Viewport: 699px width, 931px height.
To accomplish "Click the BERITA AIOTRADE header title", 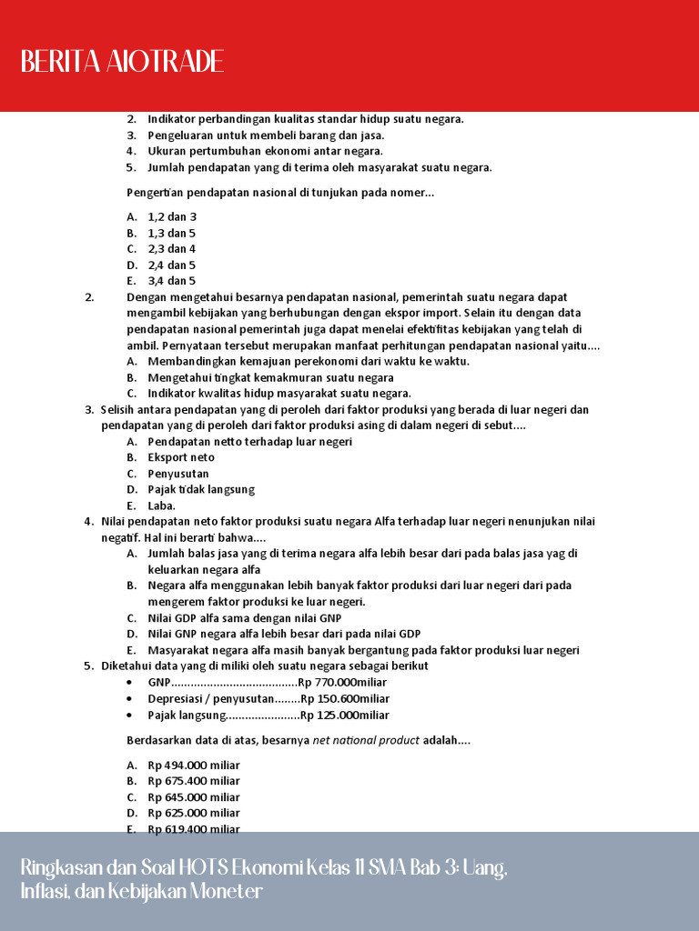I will [x=122, y=62].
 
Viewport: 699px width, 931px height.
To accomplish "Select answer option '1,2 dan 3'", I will [x=172, y=216].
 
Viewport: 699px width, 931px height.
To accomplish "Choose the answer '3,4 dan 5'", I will [x=172, y=281].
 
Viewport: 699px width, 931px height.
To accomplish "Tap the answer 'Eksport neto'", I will [x=181, y=457].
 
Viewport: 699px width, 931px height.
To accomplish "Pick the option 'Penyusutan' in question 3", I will [x=178, y=474].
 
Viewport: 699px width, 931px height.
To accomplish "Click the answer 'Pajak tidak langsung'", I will [x=201, y=489].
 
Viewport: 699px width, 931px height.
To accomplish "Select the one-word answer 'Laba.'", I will [x=162, y=506].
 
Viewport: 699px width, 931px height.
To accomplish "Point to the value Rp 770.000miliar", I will [x=342, y=682].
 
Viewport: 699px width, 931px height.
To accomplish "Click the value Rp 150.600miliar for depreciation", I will [x=345, y=698].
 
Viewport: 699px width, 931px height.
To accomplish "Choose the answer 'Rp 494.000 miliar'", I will [x=194, y=765].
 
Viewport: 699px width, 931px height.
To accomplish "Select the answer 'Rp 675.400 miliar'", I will [x=194, y=781].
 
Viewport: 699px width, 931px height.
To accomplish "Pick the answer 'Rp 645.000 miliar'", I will [x=194, y=797].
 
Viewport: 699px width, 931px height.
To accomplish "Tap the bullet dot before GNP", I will [x=132, y=683].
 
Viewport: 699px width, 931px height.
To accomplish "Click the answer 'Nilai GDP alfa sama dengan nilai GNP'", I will [x=245, y=618].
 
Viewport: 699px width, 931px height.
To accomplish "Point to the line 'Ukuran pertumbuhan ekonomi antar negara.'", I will [x=265, y=151].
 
